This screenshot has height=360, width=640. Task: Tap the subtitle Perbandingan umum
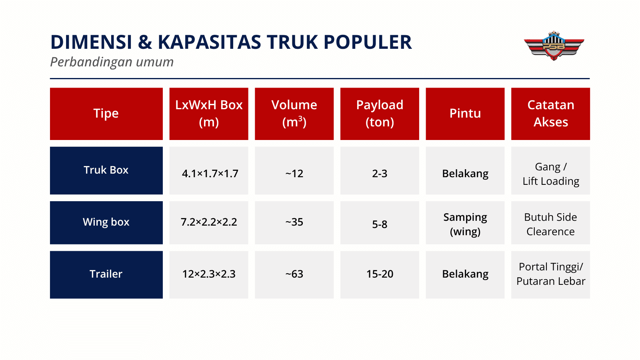tap(112, 62)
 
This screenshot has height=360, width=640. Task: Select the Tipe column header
tap(106, 114)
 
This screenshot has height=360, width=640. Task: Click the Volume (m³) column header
tap(294, 114)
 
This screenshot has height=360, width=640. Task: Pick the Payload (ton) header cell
tap(380, 114)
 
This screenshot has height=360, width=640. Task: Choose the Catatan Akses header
tap(550, 114)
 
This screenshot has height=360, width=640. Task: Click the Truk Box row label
tap(106, 170)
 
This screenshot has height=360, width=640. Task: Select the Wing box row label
tap(106, 222)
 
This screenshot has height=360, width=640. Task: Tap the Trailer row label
tap(106, 274)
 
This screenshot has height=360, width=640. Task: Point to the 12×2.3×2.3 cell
tap(209, 274)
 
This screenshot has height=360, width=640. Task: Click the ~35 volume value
tap(294, 222)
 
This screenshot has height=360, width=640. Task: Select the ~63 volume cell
tap(294, 274)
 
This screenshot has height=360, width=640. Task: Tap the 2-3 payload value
tap(380, 174)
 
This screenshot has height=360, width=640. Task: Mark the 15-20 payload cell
tap(380, 274)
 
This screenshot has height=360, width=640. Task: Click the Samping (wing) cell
tap(465, 224)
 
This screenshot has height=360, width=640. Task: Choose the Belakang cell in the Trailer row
tap(465, 274)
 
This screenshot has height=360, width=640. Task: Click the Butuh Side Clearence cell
tap(550, 224)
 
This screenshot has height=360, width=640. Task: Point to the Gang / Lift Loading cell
tap(550, 174)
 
